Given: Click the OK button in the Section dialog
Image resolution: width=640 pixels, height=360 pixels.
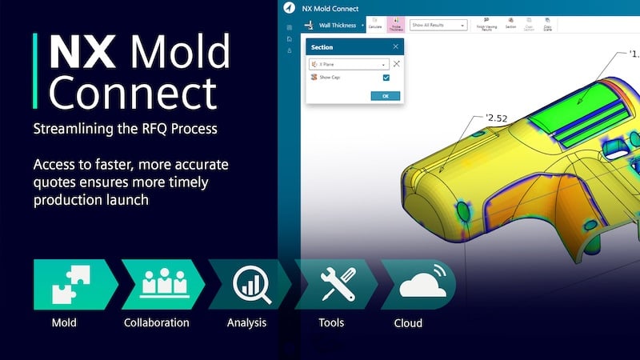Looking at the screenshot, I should coord(385,95).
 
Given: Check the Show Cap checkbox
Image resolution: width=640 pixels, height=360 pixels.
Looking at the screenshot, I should coord(386,78).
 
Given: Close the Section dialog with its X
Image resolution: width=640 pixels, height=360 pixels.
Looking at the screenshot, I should coord(395,46).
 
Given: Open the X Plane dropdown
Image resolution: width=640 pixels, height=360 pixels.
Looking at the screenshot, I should coord(349,63).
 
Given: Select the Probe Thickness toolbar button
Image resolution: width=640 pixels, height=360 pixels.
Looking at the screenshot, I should coord(396,25).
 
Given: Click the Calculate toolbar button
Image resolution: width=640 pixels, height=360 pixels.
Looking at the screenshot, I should coord(374,25).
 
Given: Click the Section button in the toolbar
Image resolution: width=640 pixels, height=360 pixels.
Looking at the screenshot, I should coord(510,25).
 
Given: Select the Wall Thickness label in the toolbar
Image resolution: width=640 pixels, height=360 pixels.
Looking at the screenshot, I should coord(335,25).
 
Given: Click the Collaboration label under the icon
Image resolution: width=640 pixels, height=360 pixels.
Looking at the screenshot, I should coord(157,323).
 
